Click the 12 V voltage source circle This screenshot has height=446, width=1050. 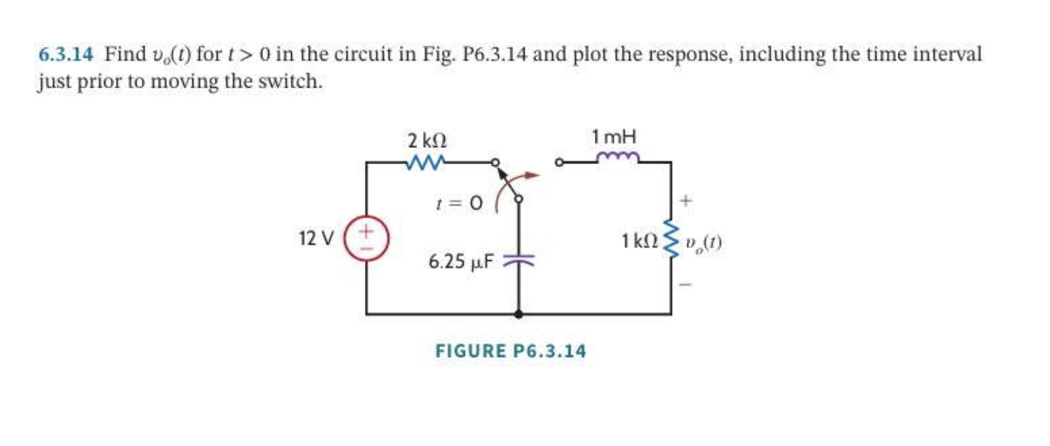(x=366, y=239)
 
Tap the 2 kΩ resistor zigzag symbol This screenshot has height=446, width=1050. (x=426, y=161)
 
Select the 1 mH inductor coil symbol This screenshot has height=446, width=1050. (x=618, y=158)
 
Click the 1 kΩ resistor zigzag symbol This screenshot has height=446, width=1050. (x=670, y=240)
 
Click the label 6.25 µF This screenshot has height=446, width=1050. (x=460, y=262)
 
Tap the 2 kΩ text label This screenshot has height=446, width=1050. (x=426, y=141)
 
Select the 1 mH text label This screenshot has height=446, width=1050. (x=613, y=137)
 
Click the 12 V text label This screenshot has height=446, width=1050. (x=316, y=239)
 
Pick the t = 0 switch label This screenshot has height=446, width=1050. (x=458, y=203)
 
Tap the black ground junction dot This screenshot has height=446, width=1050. (x=518, y=314)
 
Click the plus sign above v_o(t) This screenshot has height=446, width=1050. (x=685, y=201)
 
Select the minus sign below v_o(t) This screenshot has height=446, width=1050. (x=685, y=284)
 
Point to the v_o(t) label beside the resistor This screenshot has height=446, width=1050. (x=703, y=243)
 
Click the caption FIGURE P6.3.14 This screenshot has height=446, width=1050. (x=511, y=351)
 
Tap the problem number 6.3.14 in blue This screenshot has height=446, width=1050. (x=65, y=54)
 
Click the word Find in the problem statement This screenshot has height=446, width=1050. (x=125, y=54)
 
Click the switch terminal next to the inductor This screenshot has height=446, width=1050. (x=558, y=162)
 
